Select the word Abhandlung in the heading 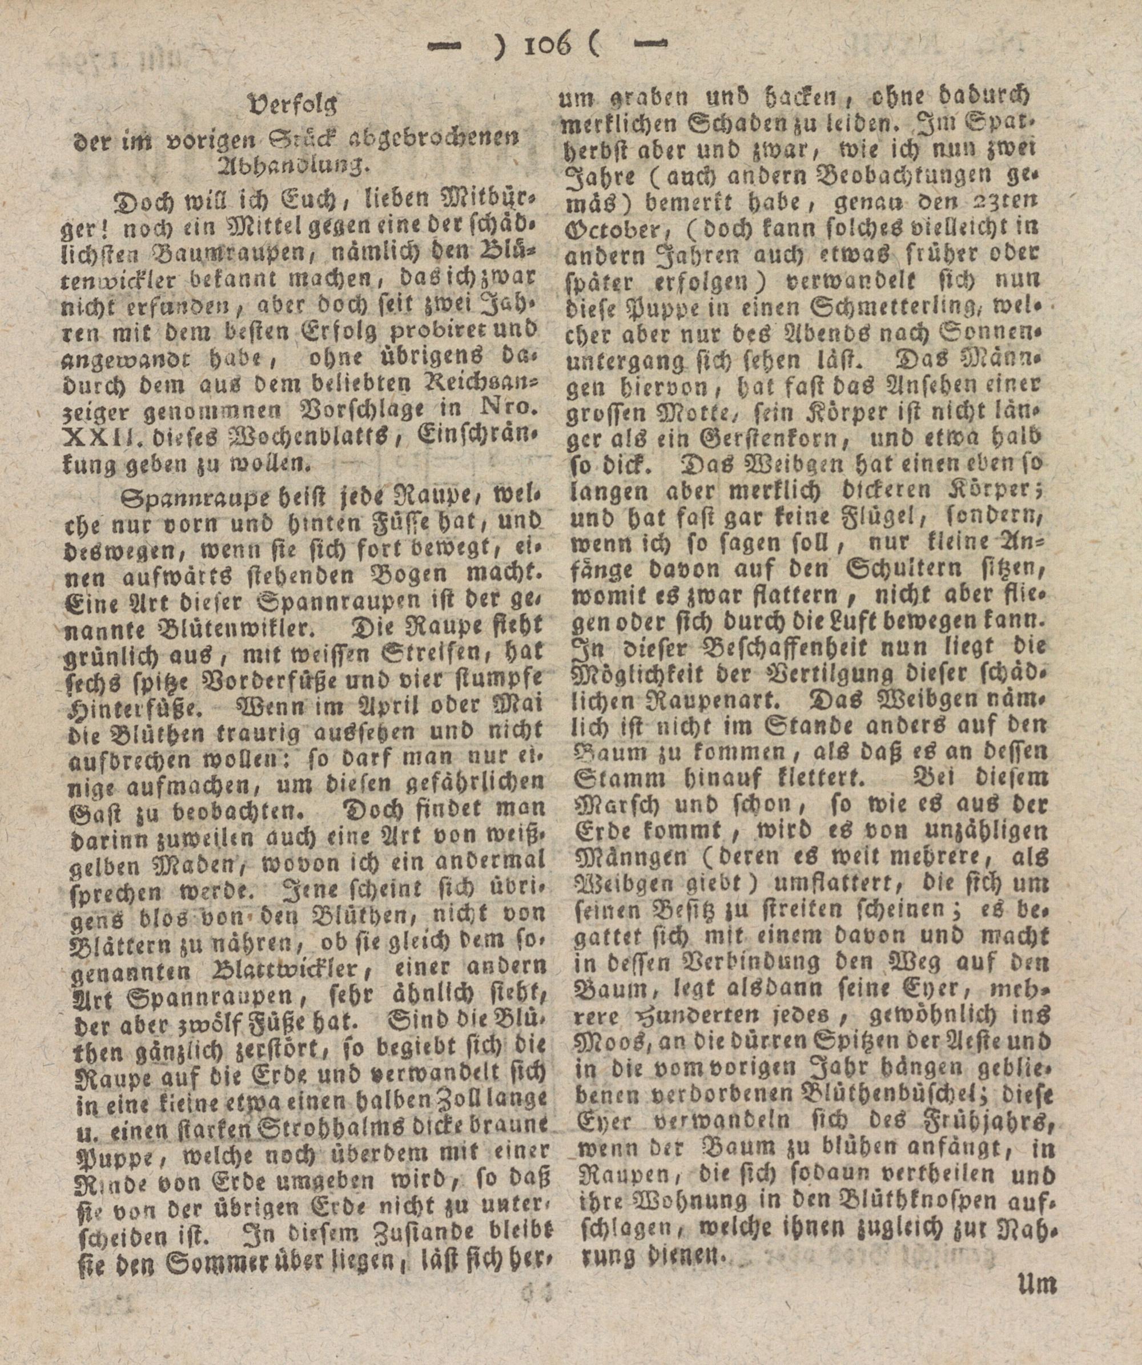coord(292,166)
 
